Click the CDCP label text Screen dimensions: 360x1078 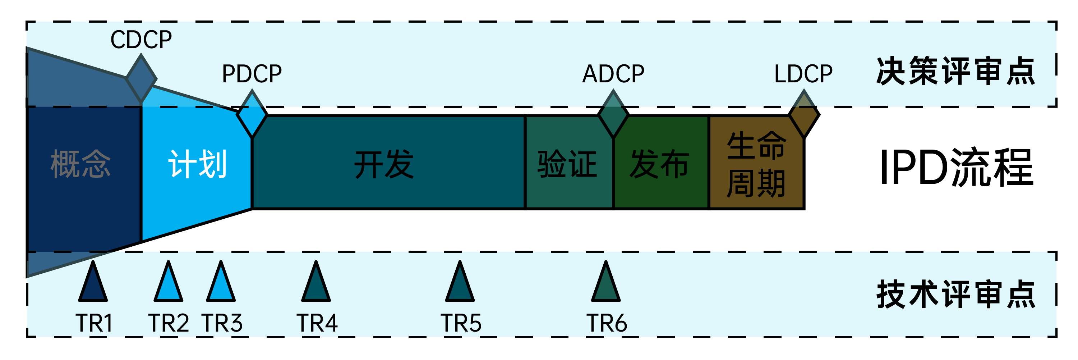(141, 40)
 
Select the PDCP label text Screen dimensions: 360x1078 (252, 74)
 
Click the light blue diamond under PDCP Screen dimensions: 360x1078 (252, 114)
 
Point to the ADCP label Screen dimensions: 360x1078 (613, 74)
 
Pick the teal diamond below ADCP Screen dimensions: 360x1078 (613, 114)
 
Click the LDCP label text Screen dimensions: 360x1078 (803, 74)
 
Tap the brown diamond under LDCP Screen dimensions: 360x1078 (804, 114)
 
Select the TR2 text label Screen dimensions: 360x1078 (169, 323)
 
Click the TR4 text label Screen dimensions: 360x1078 (317, 323)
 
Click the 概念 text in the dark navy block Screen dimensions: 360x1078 (80, 164)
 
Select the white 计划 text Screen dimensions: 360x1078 (197, 164)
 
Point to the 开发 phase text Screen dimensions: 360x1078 (384, 164)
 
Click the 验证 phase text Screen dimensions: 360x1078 (567, 164)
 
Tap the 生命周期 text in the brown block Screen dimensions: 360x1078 (756, 164)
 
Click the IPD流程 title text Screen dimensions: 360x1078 (957, 168)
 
